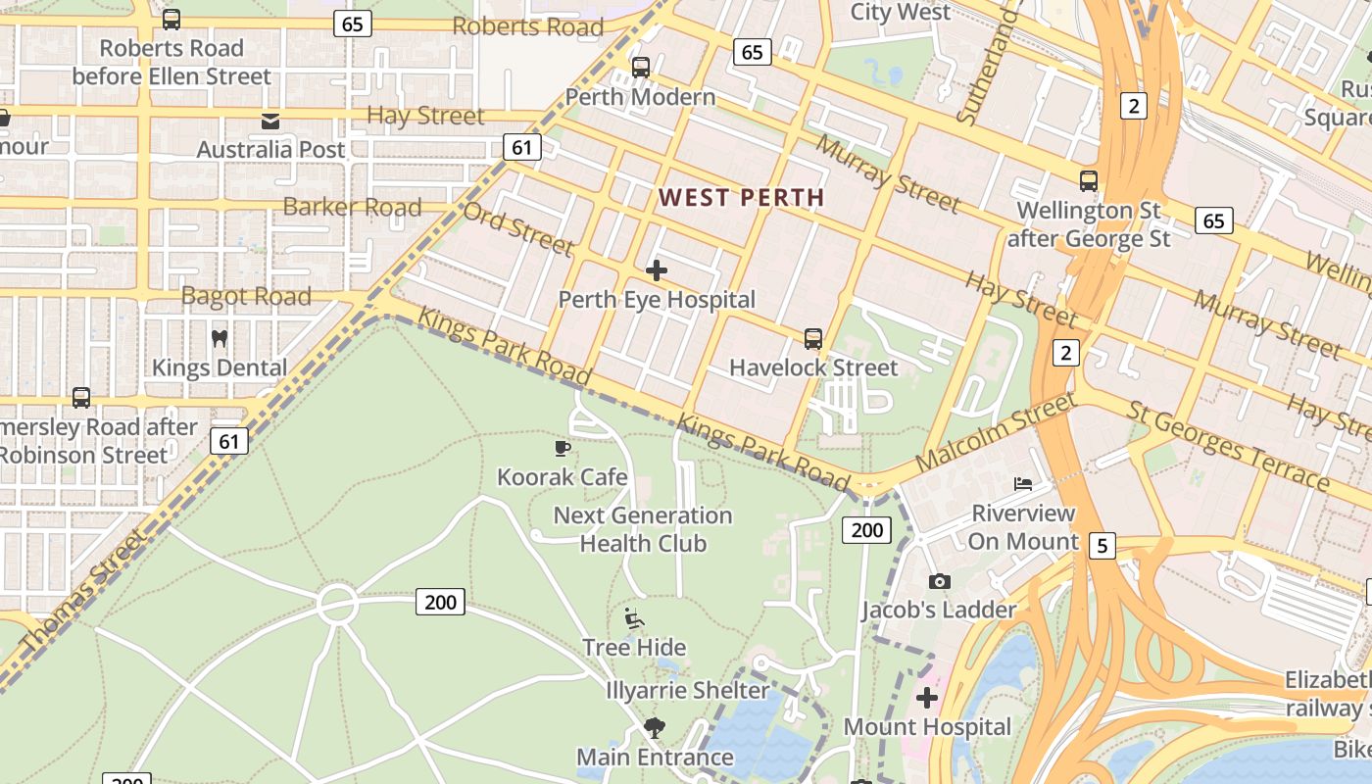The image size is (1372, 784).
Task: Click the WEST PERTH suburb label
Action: click(x=741, y=197)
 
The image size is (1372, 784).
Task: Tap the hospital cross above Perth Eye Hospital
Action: click(x=657, y=269)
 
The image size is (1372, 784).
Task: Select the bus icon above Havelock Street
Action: click(x=813, y=339)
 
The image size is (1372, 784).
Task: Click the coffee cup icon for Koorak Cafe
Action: click(x=563, y=448)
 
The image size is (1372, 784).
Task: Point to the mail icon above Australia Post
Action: click(x=269, y=122)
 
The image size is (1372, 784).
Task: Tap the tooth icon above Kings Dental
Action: click(x=220, y=339)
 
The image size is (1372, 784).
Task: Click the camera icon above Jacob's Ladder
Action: click(x=939, y=581)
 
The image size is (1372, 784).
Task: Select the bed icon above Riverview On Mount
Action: click(x=1023, y=483)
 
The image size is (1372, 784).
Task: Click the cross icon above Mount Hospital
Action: click(x=927, y=698)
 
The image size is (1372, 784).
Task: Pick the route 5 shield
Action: click(x=1102, y=546)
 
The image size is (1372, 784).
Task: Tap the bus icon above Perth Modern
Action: click(x=640, y=68)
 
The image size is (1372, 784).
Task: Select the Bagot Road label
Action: click(x=246, y=296)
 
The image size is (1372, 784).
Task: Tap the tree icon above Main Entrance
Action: click(x=654, y=728)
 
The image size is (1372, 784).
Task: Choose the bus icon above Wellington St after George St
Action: click(x=1088, y=181)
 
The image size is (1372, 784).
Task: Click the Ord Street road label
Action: click(x=517, y=227)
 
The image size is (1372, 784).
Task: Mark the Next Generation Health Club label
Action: click(x=643, y=529)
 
